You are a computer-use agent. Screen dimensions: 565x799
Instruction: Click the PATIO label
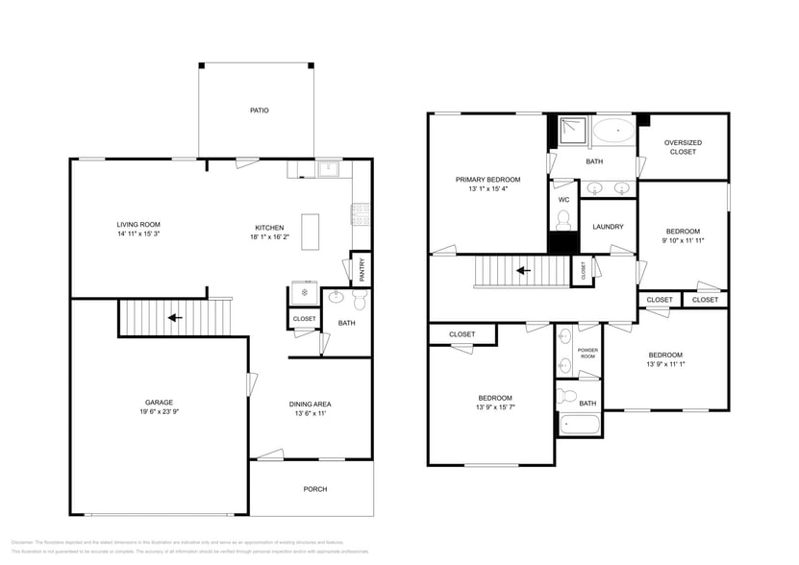tap(259, 111)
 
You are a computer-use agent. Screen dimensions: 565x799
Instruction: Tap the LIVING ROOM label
tap(138, 224)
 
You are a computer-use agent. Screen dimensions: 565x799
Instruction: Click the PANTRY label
tap(362, 269)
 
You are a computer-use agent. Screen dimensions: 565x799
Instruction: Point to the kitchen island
tap(312, 232)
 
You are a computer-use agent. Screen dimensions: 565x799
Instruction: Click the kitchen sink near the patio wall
tap(329, 169)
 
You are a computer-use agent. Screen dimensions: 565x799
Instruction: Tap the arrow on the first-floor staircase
tap(175, 316)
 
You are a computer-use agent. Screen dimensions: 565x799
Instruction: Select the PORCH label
tap(314, 489)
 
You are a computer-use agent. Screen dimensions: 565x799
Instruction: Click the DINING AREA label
tap(311, 404)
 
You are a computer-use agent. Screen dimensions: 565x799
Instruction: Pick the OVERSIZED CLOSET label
tap(683, 147)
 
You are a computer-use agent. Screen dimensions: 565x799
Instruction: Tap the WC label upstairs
tap(563, 199)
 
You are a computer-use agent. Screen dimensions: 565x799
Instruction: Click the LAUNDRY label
tap(608, 227)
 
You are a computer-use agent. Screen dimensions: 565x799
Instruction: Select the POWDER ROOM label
tap(587, 353)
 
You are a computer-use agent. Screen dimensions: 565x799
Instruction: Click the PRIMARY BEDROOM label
tap(487, 180)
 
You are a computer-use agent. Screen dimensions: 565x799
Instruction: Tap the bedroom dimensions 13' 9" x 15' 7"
tap(495, 407)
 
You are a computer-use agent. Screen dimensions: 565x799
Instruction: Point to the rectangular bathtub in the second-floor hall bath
tap(579, 423)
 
